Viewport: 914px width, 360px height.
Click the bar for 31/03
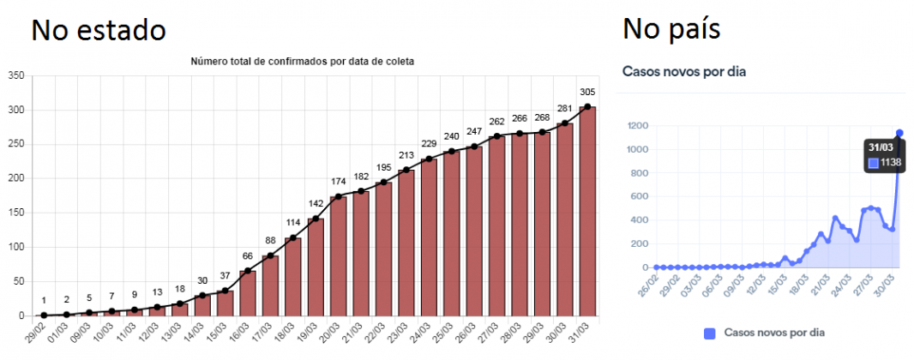587,212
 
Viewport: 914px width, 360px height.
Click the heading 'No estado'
99,30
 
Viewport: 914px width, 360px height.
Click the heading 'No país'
671,30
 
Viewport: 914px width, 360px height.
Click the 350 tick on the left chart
15,76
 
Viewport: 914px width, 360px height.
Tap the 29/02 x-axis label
34,333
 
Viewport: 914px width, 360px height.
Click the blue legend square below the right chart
709,333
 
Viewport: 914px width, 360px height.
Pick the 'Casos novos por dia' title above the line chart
684,71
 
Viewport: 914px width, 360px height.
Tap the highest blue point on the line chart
899,133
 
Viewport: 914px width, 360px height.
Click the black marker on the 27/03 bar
497,136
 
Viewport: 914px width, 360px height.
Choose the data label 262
497,122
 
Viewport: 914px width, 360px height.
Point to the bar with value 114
293,277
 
